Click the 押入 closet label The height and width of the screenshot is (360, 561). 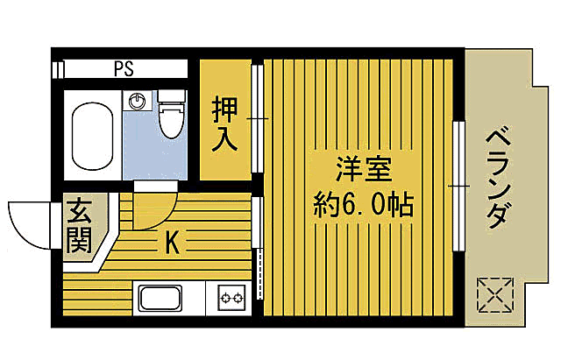pyautogui.click(x=224, y=124)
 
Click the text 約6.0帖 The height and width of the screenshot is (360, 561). pyautogui.click(x=361, y=207)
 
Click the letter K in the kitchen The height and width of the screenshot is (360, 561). pyautogui.click(x=173, y=244)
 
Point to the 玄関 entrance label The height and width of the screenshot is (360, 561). pyautogui.click(x=79, y=226)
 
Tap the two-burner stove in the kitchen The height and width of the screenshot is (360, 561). pyautogui.click(x=231, y=299)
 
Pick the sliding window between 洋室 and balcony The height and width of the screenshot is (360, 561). pyautogui.click(x=458, y=185)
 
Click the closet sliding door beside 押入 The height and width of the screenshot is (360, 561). pyautogui.click(x=257, y=118)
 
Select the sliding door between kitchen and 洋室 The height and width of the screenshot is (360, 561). pyautogui.click(x=259, y=250)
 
